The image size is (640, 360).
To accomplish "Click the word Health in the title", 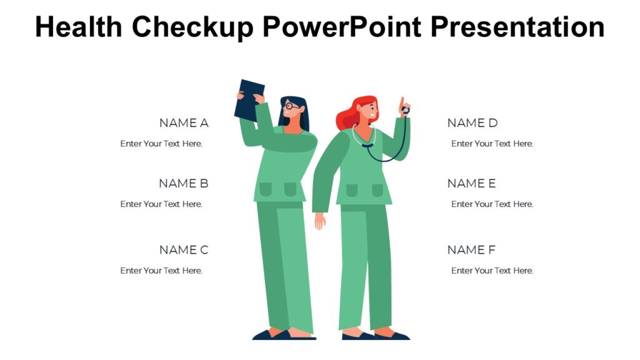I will pyautogui.click(x=79, y=27).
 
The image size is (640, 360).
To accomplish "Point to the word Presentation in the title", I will pyautogui.click(x=518, y=27).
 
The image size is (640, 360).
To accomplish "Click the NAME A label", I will pyautogui.click(x=184, y=123).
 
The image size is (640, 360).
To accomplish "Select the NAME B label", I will pyautogui.click(x=184, y=184).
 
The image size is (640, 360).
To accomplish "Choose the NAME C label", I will pyautogui.click(x=184, y=250).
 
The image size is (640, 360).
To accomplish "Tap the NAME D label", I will pyautogui.click(x=472, y=123).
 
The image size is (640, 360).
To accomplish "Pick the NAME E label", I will pyautogui.click(x=471, y=184).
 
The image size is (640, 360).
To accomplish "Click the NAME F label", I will pyautogui.click(x=471, y=250).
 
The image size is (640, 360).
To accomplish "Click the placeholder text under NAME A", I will pyautogui.click(x=161, y=144).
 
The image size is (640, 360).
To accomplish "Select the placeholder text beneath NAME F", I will pyautogui.click(x=492, y=271).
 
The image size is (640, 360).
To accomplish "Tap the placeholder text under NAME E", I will pyautogui.click(x=492, y=204).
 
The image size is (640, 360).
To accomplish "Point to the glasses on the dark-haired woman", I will pyautogui.click(x=290, y=107).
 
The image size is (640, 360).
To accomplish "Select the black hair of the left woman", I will pyautogui.click(x=301, y=112).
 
